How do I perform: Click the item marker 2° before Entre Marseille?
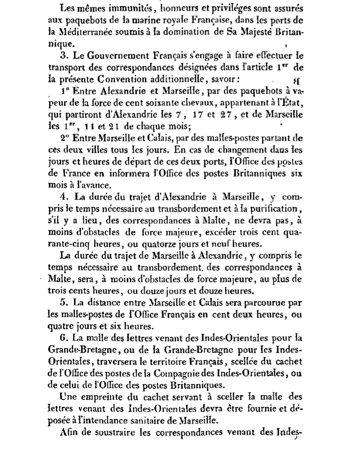(65, 139)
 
